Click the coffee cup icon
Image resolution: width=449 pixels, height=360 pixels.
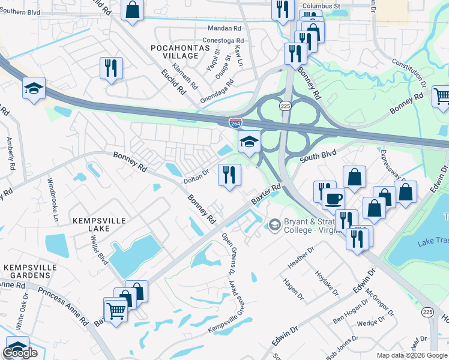click(x=333, y=197)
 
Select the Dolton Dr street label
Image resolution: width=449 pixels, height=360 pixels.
click(x=196, y=175)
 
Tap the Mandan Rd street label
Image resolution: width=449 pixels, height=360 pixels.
click(x=224, y=28)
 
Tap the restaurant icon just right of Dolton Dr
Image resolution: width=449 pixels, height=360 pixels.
click(x=229, y=175)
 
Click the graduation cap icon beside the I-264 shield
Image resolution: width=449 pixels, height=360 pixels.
click(x=249, y=142)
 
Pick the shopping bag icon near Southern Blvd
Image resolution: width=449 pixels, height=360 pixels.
click(x=133, y=10)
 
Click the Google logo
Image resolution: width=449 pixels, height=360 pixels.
click(x=20, y=353)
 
